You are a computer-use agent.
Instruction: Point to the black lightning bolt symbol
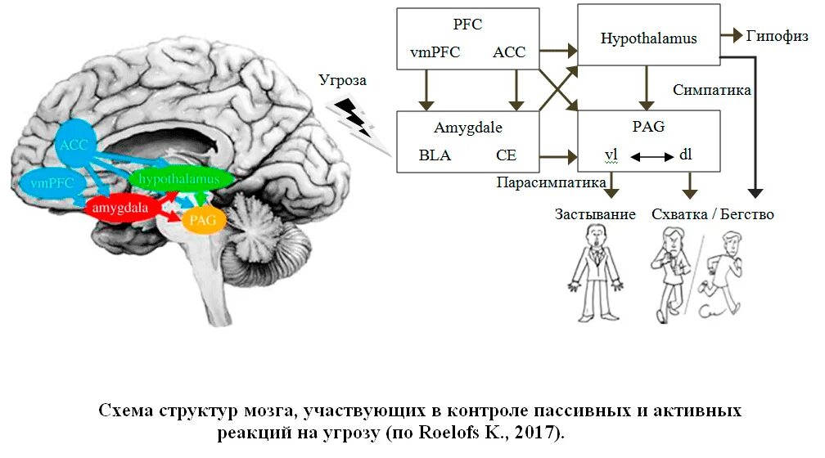(x=353, y=117)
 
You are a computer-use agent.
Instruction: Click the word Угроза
(x=343, y=81)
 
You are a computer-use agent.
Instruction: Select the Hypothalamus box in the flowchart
(x=649, y=38)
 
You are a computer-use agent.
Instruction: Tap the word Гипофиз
(x=777, y=36)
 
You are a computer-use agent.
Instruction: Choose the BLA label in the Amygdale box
(x=435, y=155)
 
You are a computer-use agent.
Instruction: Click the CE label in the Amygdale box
(x=506, y=155)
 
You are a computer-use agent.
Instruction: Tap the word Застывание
(x=595, y=214)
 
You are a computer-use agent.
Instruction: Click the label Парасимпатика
(x=552, y=182)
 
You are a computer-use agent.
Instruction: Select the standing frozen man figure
(x=595, y=274)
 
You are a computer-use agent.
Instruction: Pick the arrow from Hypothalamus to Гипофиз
(x=731, y=37)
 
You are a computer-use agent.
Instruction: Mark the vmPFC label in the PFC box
(x=435, y=53)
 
